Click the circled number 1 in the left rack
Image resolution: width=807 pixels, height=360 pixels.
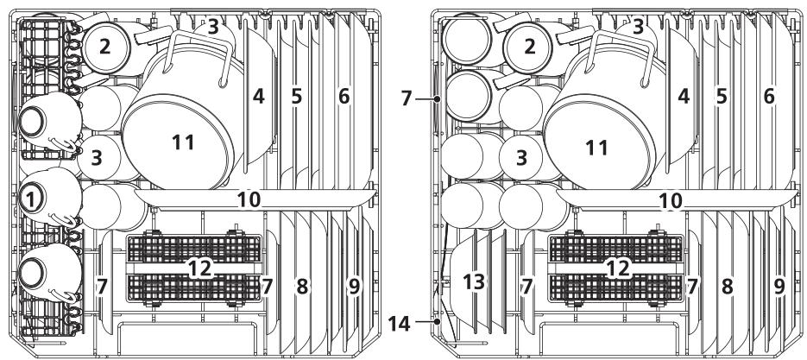click(31, 198)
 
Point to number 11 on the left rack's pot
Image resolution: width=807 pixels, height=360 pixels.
click(182, 143)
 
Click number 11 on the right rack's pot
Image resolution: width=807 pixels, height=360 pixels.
click(596, 148)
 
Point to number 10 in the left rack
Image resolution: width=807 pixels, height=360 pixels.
click(249, 199)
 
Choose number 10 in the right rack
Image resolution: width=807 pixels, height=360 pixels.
click(670, 200)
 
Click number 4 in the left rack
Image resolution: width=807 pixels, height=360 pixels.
click(258, 98)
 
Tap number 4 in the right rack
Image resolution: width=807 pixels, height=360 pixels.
click(684, 98)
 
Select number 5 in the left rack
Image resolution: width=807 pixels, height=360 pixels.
click(296, 98)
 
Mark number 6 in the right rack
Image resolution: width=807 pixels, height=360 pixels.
click(769, 98)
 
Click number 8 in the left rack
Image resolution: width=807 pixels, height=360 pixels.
click(302, 285)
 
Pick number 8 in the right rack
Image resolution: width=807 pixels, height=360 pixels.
click(727, 285)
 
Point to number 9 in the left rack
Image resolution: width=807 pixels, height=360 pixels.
click(354, 285)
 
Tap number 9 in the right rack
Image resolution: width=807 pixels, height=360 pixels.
click(779, 285)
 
